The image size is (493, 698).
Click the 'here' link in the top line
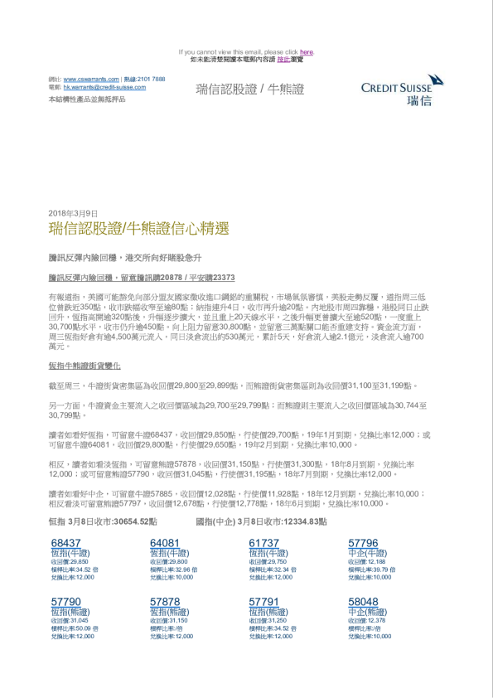tap(307, 51)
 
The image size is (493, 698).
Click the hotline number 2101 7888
tap(151, 79)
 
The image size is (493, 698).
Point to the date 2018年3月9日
tap(74, 213)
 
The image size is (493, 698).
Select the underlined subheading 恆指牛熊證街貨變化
tap(85, 366)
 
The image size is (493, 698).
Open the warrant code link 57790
tap(65, 602)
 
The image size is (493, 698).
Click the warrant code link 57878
tap(165, 602)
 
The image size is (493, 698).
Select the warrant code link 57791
tap(264, 602)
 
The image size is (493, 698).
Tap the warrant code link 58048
tap(363, 602)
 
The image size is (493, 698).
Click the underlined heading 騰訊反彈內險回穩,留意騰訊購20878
tap(142, 279)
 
